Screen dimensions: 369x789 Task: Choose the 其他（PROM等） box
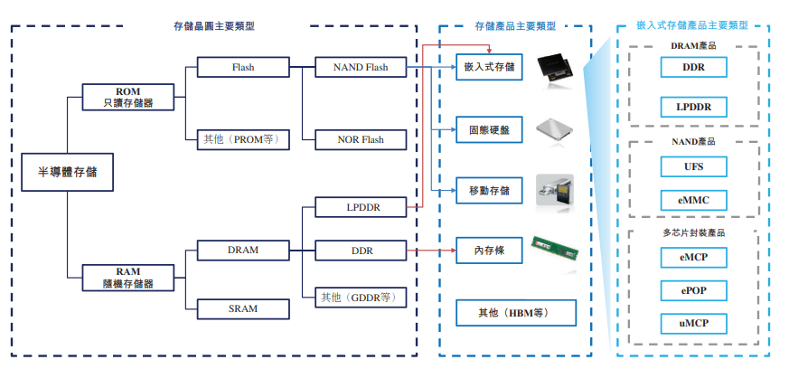243,139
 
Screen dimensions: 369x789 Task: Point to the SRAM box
243,308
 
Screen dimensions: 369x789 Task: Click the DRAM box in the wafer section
243,250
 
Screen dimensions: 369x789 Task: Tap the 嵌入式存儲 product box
489,66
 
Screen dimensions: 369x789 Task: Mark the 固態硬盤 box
489,129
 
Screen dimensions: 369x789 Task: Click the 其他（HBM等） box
515,314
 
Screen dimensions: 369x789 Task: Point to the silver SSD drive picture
554,130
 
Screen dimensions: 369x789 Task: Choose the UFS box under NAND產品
693,166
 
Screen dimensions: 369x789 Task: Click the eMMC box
693,198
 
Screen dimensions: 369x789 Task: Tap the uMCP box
693,323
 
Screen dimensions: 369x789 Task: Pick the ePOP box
693,291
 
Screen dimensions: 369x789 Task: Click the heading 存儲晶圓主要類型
213,27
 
